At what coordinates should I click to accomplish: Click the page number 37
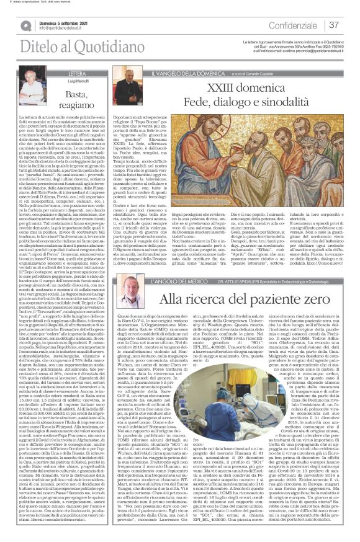pos(334,25)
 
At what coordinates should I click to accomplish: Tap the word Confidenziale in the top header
pos(291,25)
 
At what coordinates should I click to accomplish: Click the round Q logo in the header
pos(27,25)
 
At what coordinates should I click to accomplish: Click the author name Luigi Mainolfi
pos(61,81)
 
